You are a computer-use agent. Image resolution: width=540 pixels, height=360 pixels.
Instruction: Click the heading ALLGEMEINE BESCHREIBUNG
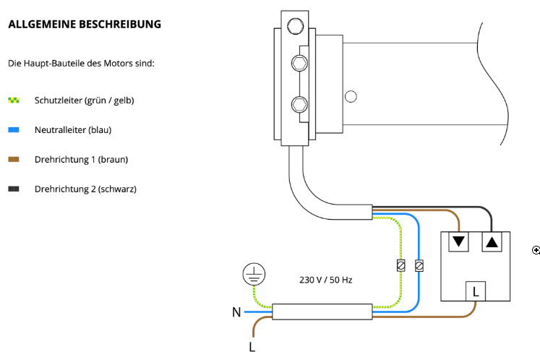[85, 24]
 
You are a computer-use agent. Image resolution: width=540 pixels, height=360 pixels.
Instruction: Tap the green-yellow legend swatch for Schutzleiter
[14, 100]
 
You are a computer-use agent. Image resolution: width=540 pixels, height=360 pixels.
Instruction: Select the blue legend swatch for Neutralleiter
[14, 130]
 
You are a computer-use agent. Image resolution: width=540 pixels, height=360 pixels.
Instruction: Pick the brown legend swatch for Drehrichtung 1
[14, 160]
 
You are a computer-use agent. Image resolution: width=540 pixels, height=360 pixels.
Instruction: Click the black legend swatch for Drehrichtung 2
[14, 189]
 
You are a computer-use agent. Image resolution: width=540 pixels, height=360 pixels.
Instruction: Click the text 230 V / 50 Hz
[326, 280]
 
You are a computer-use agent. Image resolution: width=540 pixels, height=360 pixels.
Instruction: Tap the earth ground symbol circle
[254, 274]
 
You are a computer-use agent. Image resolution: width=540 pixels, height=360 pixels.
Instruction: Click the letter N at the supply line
[236, 312]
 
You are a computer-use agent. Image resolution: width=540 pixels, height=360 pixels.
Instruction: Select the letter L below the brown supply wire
[252, 347]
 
